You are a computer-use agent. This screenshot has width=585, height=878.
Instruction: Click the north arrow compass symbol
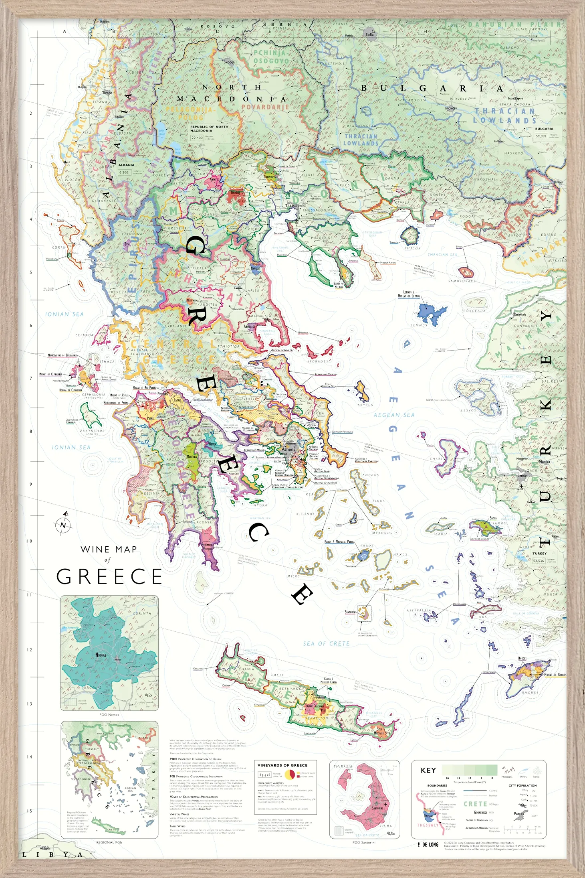pyautogui.click(x=63, y=525)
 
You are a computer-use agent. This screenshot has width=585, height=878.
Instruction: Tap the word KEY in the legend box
pyautogui.click(x=428, y=770)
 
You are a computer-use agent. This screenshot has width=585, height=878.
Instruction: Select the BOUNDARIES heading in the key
pyautogui.click(x=437, y=785)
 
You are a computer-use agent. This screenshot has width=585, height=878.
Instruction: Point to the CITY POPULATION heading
pyautogui.click(x=522, y=785)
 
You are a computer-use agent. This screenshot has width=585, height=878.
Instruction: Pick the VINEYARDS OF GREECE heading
pyautogui.click(x=282, y=765)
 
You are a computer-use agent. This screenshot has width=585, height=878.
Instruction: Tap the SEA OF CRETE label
pyautogui.click(x=326, y=644)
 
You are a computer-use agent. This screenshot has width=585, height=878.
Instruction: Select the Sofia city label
pyautogui.click(x=369, y=34)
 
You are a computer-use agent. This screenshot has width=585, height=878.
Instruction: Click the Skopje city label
pyautogui.click(x=229, y=62)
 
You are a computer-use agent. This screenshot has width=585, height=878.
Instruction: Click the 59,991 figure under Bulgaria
pyautogui.click(x=541, y=136)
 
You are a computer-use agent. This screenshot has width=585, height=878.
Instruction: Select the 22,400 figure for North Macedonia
pyautogui.click(x=197, y=138)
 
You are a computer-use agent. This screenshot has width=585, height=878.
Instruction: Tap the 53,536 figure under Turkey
pyautogui.click(x=538, y=561)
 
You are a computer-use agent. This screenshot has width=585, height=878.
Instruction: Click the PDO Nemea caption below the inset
pyautogui.click(x=109, y=714)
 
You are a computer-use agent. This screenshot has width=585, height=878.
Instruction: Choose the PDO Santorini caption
pyautogui.click(x=364, y=842)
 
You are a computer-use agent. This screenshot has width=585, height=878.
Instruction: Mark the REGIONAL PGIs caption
pyautogui.click(x=109, y=842)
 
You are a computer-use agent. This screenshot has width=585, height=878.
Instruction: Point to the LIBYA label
pyautogui.click(x=52, y=855)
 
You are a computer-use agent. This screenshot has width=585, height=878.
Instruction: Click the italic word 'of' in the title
pyautogui.click(x=107, y=560)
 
